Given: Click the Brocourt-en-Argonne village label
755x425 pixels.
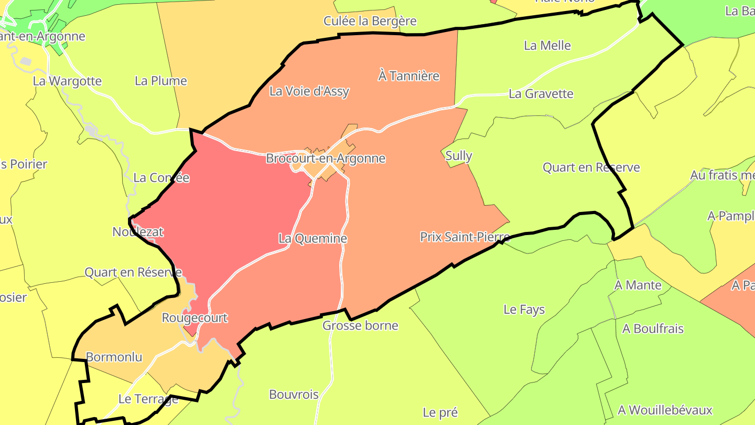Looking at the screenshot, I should [326, 158].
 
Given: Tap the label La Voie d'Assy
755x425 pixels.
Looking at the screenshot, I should [309, 91].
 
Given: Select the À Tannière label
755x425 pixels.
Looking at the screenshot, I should [408, 76].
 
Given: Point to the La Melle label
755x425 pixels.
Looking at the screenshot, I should [547, 46].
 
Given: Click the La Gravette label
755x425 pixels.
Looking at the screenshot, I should [541, 94].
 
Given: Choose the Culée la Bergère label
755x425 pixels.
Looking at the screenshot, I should [370, 21].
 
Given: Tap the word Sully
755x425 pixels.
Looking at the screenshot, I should [458, 156].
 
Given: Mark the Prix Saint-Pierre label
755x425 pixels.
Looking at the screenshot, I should [465, 237].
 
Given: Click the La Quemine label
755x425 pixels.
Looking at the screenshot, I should [312, 239].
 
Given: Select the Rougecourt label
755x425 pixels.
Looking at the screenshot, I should [195, 318].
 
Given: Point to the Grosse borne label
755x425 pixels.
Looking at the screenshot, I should [360, 326].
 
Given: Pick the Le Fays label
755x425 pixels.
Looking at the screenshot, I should [524, 310].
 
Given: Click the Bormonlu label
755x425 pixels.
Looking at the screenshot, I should [114, 357].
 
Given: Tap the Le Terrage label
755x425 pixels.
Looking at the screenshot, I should [148, 399].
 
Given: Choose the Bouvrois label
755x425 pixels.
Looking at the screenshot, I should [294, 395].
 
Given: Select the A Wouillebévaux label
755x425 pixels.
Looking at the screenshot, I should [665, 410].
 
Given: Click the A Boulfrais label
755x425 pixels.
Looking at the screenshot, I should [653, 329].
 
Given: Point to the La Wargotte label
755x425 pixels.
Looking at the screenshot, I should [67, 81].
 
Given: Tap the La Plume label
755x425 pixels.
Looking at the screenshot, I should [161, 81].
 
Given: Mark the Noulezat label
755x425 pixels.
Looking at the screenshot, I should [138, 231].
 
